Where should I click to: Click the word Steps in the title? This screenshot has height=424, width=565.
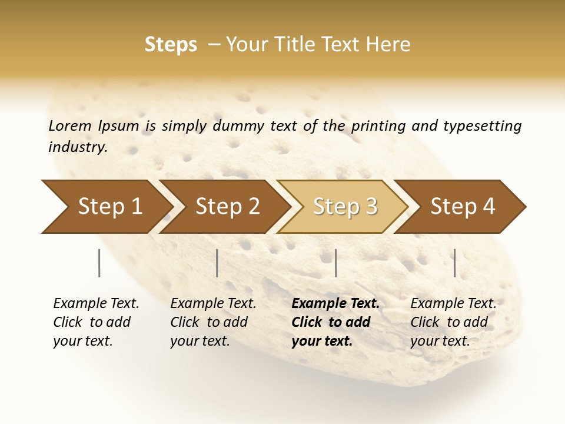(x=171, y=45)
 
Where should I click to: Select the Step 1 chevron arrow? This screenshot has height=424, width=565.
(x=106, y=207)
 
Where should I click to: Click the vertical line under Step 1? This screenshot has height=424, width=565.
(x=99, y=263)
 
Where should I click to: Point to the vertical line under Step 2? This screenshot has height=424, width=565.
(x=217, y=263)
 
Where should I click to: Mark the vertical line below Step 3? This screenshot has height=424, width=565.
(x=336, y=263)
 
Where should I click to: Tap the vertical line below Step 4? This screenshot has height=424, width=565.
(x=455, y=263)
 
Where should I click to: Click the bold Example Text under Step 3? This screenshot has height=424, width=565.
(x=335, y=304)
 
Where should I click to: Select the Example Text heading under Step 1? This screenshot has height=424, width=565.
(x=96, y=304)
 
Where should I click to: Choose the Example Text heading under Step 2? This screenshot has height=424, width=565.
(x=213, y=304)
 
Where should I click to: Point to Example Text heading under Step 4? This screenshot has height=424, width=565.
(x=453, y=304)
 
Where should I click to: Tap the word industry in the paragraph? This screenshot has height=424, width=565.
(x=78, y=147)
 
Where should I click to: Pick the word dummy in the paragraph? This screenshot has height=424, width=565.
(x=238, y=126)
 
